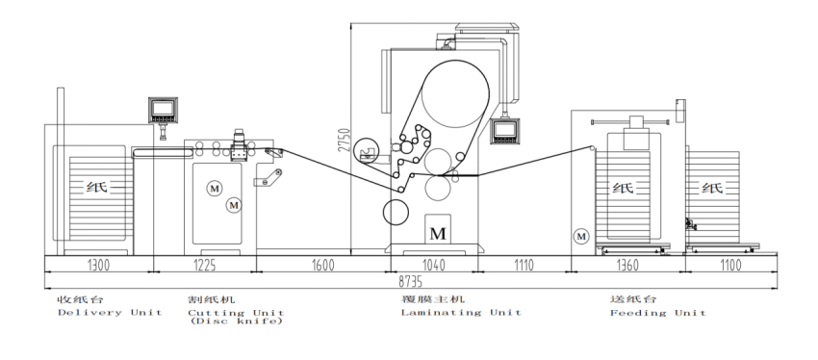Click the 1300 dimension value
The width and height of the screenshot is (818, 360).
(98, 266)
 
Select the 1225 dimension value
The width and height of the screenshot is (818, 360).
(204, 266)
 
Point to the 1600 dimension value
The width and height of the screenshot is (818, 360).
(323, 266)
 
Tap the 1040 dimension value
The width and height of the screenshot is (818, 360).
(433, 266)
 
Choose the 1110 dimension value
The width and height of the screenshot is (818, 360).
(524, 266)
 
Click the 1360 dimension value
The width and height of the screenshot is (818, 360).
(627, 266)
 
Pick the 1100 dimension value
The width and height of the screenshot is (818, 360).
(730, 266)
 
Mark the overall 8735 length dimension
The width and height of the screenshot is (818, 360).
(411, 282)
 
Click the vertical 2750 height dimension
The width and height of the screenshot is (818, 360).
(345, 140)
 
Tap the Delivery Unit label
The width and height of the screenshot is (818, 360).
(110, 313)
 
